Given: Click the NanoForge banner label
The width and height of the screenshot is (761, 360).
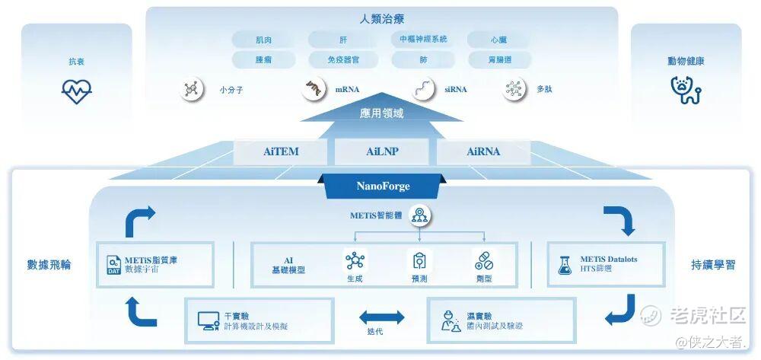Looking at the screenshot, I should point(382,186).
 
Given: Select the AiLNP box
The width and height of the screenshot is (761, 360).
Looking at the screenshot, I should point(382,151).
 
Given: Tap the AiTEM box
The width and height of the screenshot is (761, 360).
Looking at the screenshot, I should point(281,151).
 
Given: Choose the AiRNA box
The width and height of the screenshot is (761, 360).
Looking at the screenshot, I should point(483,151).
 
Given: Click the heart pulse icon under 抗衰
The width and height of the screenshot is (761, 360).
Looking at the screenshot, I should point(76,92).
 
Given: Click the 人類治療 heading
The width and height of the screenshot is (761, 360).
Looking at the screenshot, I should point(381,18).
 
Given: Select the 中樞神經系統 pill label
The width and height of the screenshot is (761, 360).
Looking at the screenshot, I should point(423,39).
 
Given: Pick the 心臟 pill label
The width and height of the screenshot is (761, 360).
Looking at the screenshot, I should point(498,39).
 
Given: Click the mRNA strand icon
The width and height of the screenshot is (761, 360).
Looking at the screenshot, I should point(312,90).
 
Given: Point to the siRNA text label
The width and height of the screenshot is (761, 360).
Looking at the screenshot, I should point(456,90).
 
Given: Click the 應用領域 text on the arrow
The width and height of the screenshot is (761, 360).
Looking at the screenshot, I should point(381,113).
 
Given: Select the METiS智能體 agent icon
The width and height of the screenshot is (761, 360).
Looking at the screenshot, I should point(418,216).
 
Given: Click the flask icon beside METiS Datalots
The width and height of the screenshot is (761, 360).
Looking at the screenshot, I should point(565,265).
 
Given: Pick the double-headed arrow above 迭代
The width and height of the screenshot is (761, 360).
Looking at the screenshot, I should point(381,315).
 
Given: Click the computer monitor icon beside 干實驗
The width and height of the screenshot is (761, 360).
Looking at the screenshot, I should point(208,321).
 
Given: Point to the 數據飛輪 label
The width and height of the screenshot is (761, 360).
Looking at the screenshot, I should point(49,265).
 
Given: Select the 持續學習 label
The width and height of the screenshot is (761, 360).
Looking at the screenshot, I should point(713,265).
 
